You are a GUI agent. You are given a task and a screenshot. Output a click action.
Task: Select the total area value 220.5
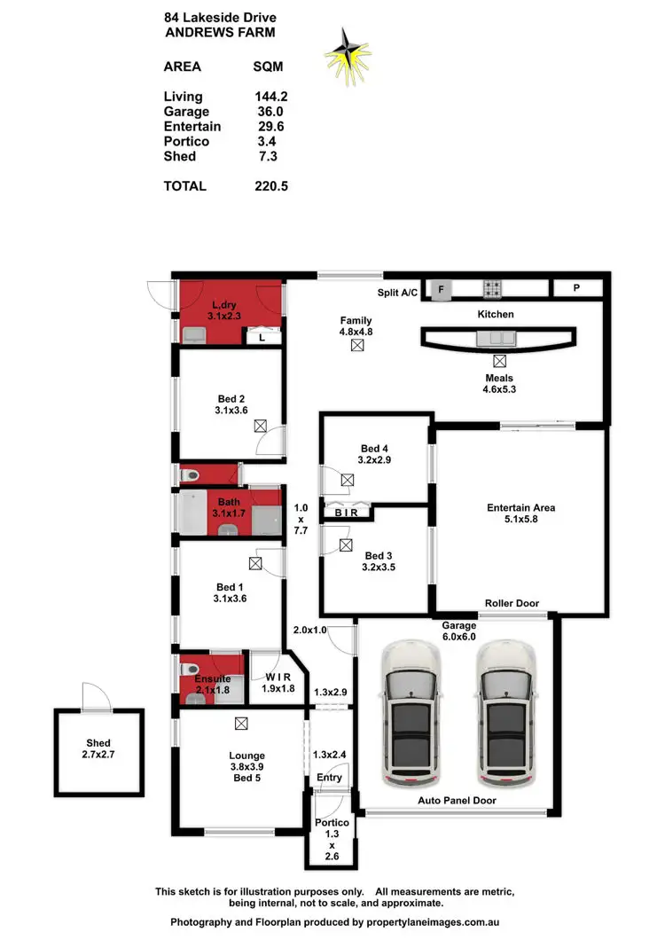click(x=271, y=186)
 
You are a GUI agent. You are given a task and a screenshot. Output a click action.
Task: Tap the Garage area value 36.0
click(x=270, y=112)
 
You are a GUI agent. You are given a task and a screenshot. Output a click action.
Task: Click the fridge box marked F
click(x=441, y=288)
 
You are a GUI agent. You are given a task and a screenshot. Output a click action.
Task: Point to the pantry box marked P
click(x=576, y=288)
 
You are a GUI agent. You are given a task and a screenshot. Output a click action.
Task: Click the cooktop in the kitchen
click(x=493, y=288)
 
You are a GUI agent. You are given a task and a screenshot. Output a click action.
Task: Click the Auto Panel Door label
click(x=457, y=800)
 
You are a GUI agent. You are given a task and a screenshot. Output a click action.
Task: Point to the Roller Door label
click(x=512, y=603)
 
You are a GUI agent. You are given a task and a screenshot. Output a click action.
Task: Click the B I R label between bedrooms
click(x=345, y=513)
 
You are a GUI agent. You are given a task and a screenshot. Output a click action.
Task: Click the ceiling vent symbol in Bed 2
click(x=260, y=425)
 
